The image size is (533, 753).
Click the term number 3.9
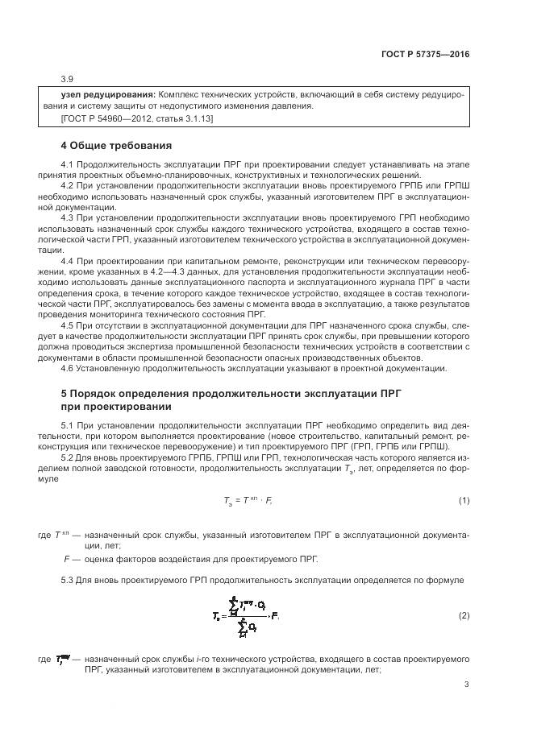68,79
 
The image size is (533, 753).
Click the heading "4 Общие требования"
116,146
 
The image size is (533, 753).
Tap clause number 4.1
68,164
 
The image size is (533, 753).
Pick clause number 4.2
68,185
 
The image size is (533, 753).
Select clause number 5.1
68,423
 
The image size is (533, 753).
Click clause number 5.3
68,581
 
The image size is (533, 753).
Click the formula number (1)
464,500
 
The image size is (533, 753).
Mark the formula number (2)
464,616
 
